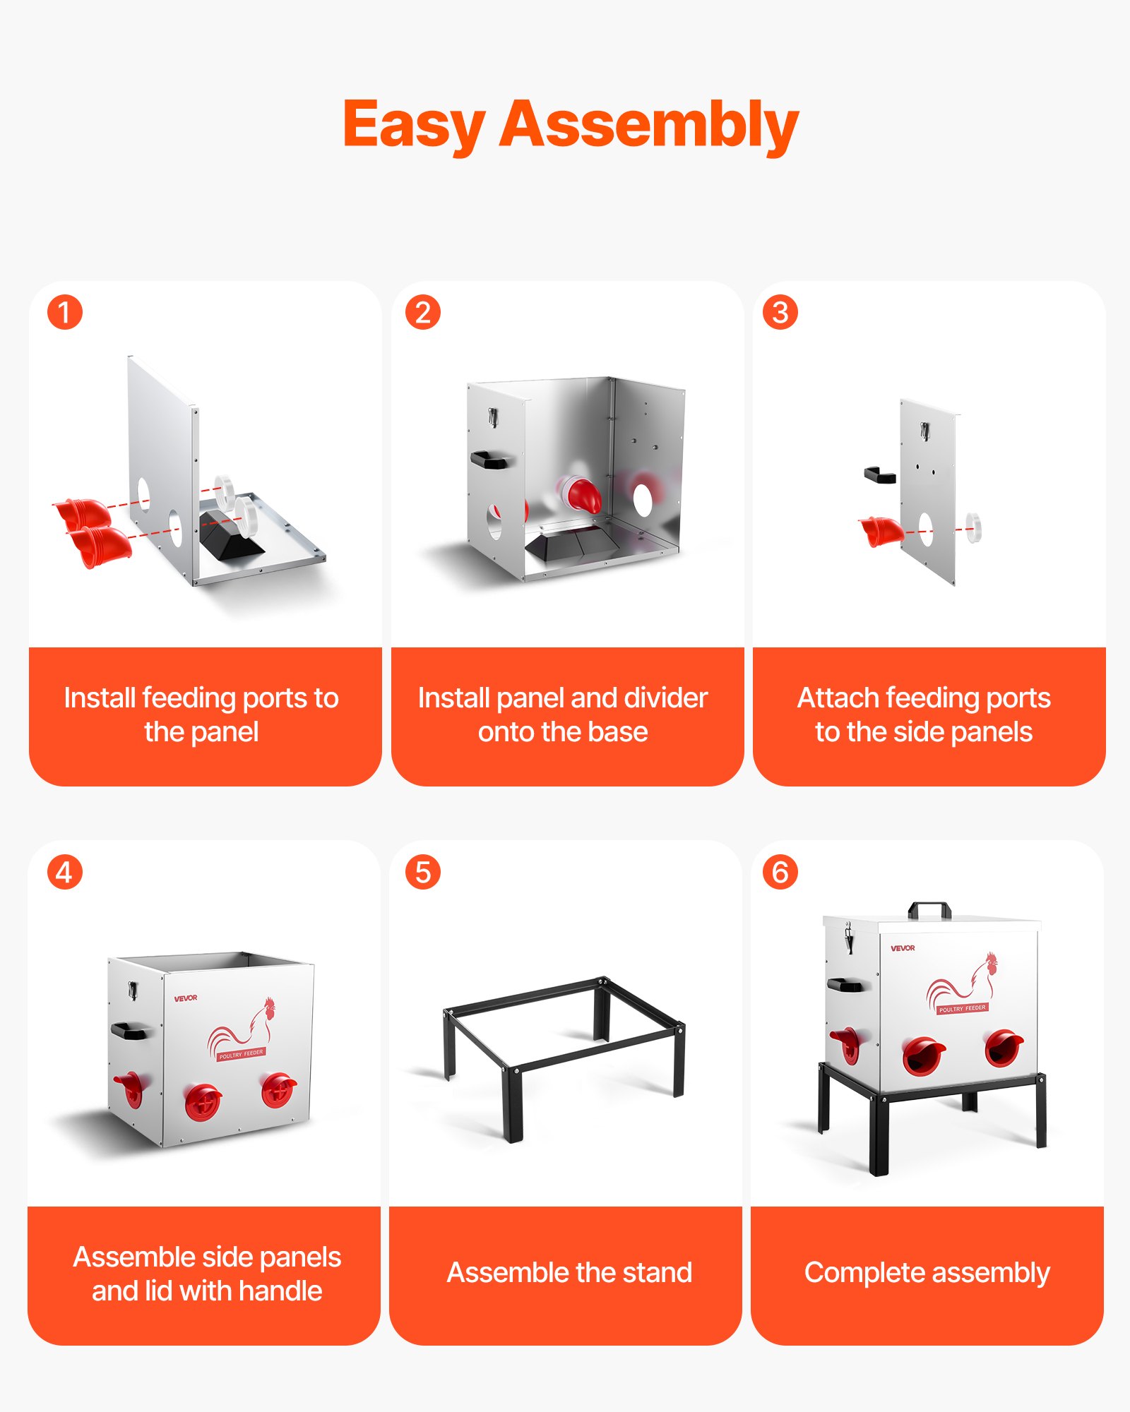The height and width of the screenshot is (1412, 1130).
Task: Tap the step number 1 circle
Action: (x=65, y=312)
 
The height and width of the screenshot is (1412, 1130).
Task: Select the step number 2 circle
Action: (x=423, y=312)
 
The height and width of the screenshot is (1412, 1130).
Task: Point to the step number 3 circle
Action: (x=780, y=312)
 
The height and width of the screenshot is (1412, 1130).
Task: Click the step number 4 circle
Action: (x=65, y=872)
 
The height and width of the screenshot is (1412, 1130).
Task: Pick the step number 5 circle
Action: (x=423, y=872)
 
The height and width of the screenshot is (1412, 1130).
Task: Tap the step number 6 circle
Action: (x=780, y=872)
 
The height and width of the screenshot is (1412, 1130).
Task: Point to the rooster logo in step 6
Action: (x=962, y=983)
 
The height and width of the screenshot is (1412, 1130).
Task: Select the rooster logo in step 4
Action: (x=242, y=1029)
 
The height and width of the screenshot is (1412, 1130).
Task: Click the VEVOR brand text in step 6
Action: (x=903, y=948)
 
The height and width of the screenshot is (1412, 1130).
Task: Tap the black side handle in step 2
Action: (x=489, y=460)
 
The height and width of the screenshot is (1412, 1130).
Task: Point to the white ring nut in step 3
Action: (x=973, y=527)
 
